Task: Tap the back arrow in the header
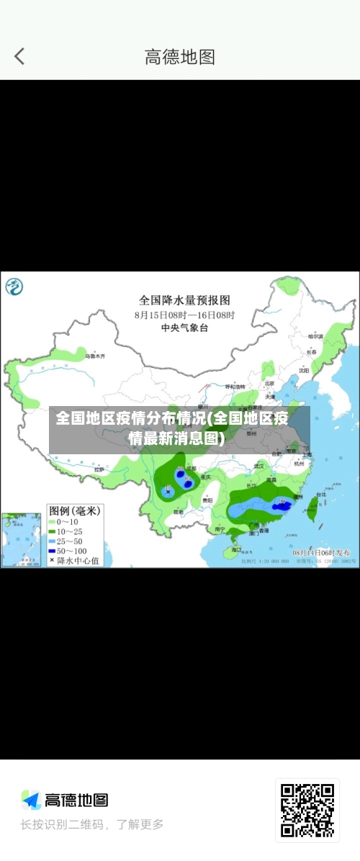point(19,56)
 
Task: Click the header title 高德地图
point(180,57)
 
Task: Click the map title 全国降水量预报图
point(184,299)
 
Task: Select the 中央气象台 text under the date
point(184,328)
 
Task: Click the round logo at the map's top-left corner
point(14,287)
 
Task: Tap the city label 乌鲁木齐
point(95,356)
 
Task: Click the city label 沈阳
point(304,370)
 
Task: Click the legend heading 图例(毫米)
point(74,510)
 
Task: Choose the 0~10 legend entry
point(68,522)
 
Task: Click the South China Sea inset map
point(21,539)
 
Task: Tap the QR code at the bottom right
point(307,810)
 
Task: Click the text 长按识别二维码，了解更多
point(92,824)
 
